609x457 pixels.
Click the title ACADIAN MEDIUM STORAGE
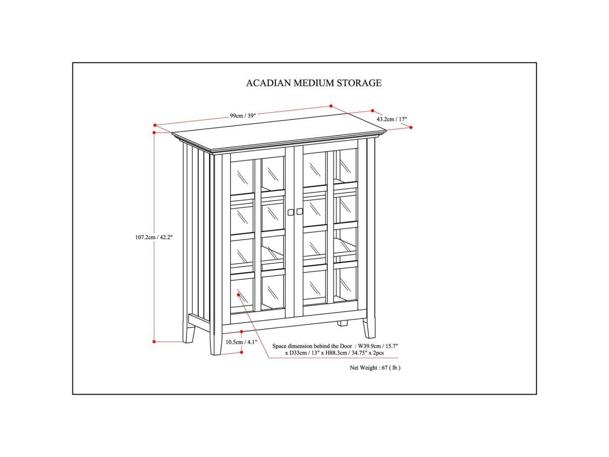[314, 83]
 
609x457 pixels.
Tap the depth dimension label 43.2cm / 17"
[392, 119]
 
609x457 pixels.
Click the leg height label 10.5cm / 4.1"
[242, 342]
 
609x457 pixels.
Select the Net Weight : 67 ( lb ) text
[375, 368]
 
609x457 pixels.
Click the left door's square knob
[290, 211]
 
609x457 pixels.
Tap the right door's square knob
[299, 211]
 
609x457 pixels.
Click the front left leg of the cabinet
[216, 341]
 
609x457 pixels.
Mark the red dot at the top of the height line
[154, 133]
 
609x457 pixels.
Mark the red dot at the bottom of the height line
[154, 342]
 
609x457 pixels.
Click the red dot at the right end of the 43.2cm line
[411, 127]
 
